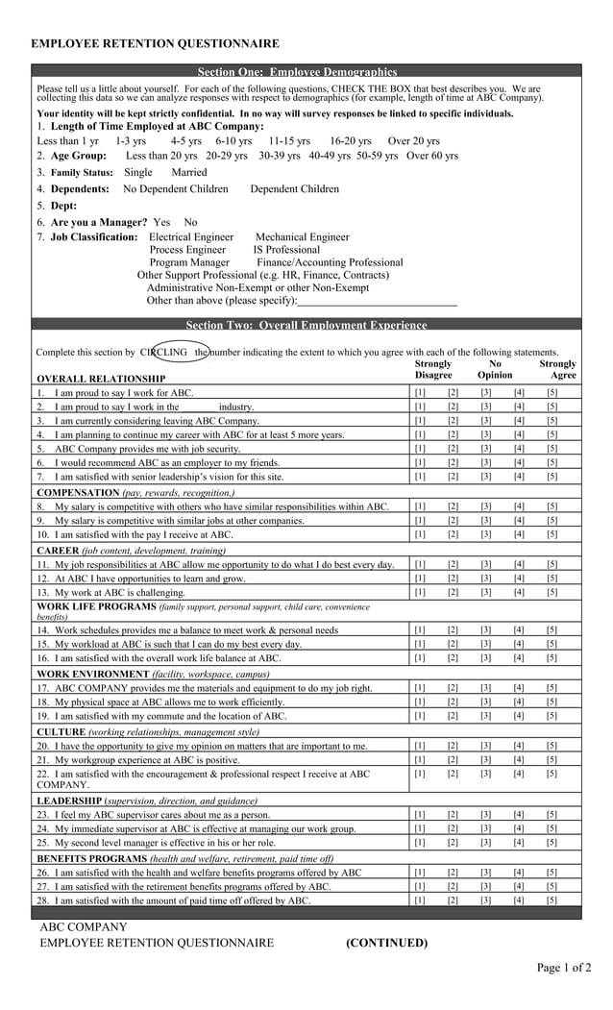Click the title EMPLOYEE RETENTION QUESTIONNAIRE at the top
156,43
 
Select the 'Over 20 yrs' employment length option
414,140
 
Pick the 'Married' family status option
189,172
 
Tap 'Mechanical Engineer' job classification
303,236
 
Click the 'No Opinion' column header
495,370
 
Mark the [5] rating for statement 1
552,393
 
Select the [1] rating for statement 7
420,476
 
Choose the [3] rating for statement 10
486,534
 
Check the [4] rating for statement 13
519,592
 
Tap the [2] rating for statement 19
453,716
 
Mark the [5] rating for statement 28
552,900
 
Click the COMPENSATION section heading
78,492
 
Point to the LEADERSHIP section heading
68,801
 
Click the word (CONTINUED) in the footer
387,943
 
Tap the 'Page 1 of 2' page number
563,968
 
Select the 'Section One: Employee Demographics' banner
297,72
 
